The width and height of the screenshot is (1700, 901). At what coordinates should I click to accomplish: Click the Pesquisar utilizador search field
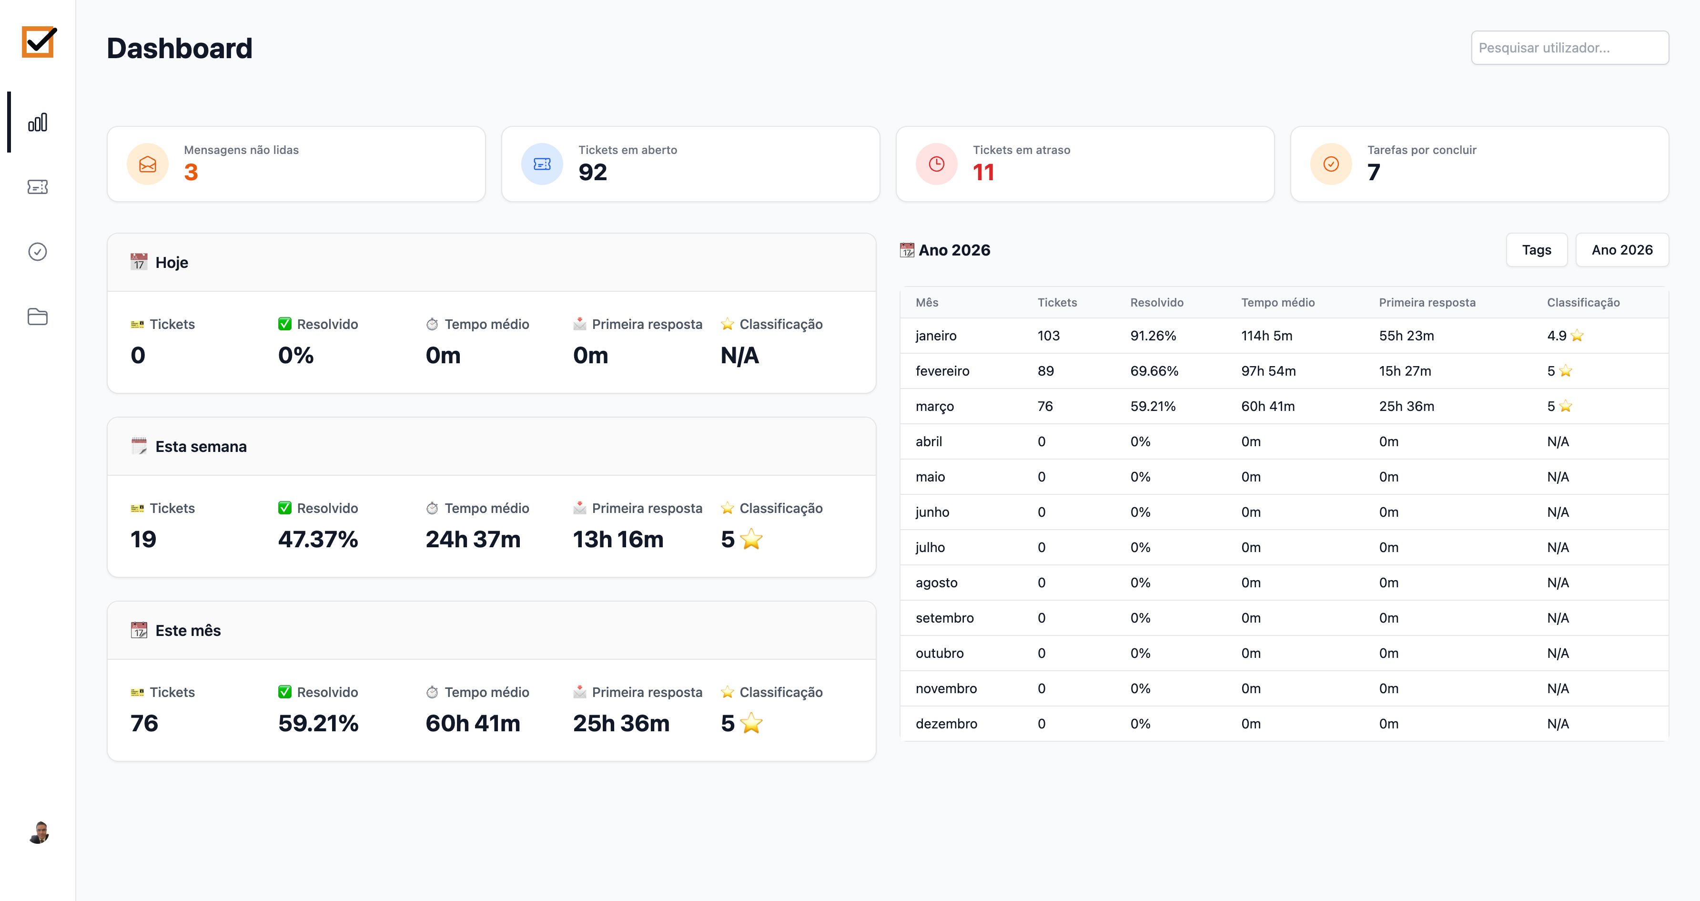point(1569,48)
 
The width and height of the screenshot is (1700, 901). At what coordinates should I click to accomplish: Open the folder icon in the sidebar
point(38,317)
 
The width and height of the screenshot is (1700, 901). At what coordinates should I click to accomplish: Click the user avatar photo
point(40,832)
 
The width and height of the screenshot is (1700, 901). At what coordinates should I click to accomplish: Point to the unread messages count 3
point(191,172)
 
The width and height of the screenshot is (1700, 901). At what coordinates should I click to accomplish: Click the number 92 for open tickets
point(592,172)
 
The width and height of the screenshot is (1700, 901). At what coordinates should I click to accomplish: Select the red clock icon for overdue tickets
point(936,164)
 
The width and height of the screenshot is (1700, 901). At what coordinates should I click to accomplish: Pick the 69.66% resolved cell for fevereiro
point(1154,371)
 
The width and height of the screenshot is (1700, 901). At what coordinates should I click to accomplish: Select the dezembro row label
point(946,724)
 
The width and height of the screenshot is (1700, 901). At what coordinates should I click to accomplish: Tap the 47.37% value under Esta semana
point(317,539)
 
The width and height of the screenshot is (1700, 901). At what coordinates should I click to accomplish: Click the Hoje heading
point(172,263)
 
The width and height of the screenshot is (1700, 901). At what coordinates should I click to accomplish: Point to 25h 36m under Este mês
point(620,724)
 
